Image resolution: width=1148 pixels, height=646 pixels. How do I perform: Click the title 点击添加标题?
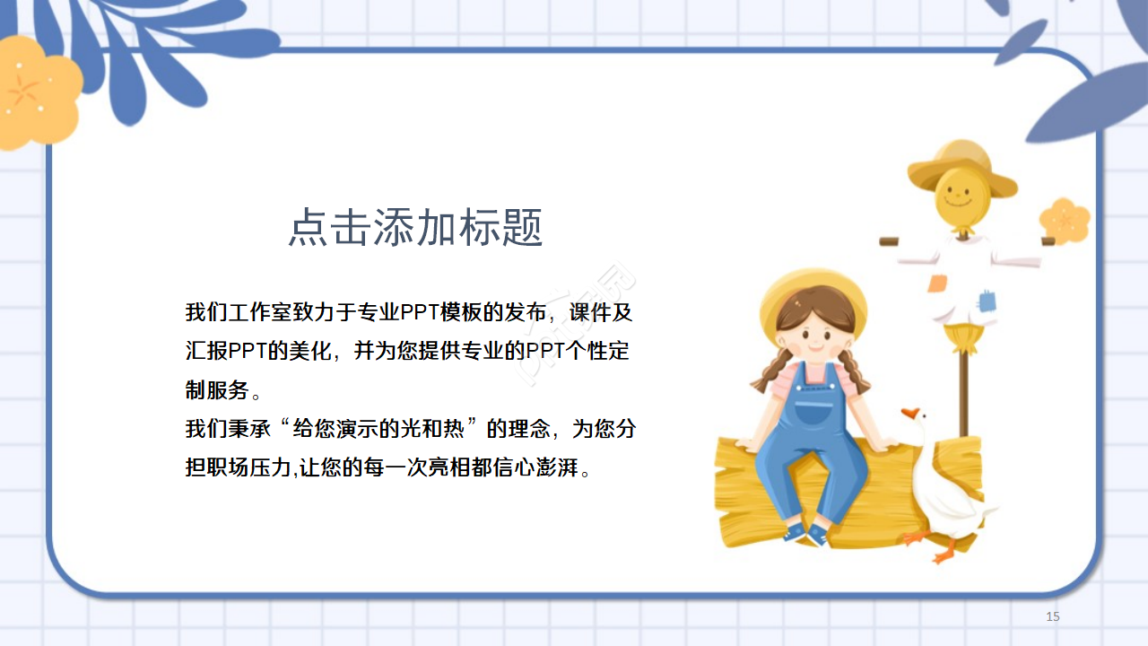(x=415, y=228)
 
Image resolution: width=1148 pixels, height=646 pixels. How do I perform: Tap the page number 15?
(x=1053, y=616)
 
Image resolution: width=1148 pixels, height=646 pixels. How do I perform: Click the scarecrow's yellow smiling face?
(x=957, y=197)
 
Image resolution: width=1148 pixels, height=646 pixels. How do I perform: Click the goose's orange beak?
(x=910, y=414)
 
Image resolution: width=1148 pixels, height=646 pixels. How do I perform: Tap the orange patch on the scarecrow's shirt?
(x=937, y=284)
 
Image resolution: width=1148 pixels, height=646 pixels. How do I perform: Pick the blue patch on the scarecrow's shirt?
(x=987, y=301)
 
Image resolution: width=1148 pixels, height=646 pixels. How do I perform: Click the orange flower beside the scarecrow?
(x=1065, y=221)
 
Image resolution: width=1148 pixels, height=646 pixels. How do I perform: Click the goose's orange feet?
(x=933, y=545)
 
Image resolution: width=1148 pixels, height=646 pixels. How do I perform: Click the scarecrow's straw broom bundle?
(x=964, y=338)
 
